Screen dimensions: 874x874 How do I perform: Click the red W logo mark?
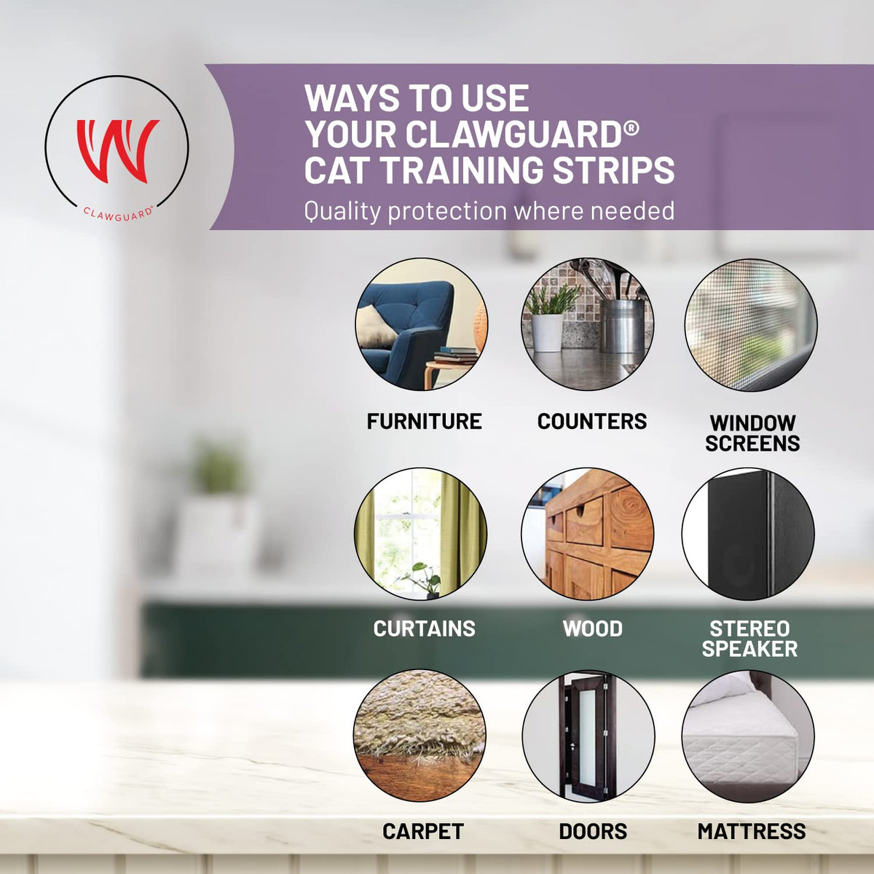pyautogui.click(x=117, y=150)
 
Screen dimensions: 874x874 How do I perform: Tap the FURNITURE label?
pyautogui.click(x=424, y=422)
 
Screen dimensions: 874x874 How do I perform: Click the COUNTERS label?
pyautogui.click(x=592, y=422)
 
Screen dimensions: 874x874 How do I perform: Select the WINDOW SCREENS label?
pyautogui.click(x=752, y=433)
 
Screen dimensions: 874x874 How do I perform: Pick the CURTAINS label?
pyautogui.click(x=424, y=629)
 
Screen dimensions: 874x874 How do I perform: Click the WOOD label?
pyautogui.click(x=592, y=629)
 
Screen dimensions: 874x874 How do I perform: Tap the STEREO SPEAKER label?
pyautogui.click(x=749, y=639)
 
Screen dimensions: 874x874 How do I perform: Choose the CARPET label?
pyautogui.click(x=422, y=831)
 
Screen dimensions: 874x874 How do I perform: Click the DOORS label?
pyautogui.click(x=593, y=831)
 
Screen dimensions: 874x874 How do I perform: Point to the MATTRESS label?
pyautogui.click(x=752, y=831)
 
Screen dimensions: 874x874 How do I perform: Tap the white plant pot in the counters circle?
pyautogui.click(x=547, y=332)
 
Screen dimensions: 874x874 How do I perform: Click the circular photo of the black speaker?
pyautogui.click(x=749, y=535)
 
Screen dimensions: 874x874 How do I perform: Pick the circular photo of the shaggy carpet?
pyautogui.click(x=420, y=736)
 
